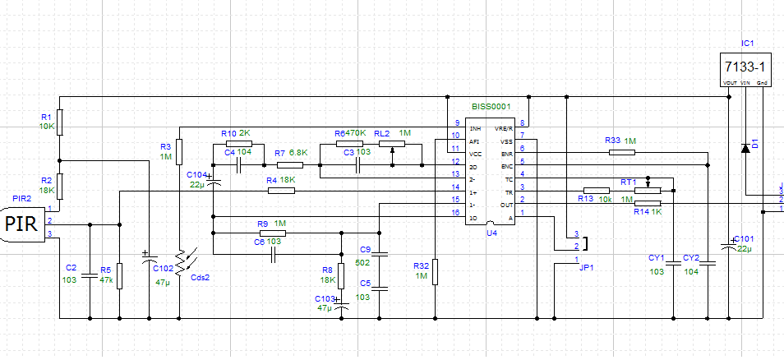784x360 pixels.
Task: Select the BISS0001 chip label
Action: point(491,107)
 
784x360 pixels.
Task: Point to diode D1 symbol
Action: point(745,148)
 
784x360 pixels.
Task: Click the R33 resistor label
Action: point(612,141)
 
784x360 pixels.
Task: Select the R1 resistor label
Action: point(46,117)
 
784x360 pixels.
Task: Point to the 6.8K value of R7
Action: point(298,153)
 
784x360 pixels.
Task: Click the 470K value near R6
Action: point(355,133)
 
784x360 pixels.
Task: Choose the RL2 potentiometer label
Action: point(382,133)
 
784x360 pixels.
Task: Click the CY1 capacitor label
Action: point(656,257)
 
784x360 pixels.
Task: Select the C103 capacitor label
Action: point(326,298)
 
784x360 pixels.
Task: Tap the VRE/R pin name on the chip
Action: point(503,129)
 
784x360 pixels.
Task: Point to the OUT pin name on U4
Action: point(507,205)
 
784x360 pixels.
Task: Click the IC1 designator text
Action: point(747,43)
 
